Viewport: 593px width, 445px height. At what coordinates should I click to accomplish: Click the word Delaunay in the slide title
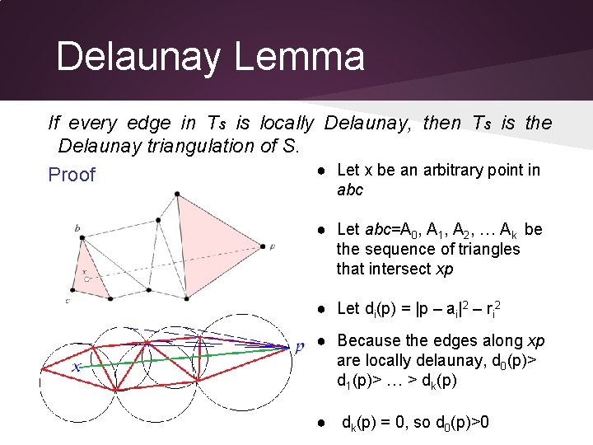click(138, 58)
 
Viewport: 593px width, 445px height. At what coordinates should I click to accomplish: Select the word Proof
click(72, 175)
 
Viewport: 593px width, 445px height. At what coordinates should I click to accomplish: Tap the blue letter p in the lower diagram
click(300, 347)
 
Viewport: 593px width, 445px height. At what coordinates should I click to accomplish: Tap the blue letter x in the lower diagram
click(76, 368)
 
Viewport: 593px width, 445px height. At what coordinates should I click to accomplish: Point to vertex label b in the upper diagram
click(77, 227)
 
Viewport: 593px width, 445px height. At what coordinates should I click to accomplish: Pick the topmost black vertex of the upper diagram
click(177, 194)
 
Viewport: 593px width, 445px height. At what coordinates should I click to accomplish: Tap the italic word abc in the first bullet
click(350, 190)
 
